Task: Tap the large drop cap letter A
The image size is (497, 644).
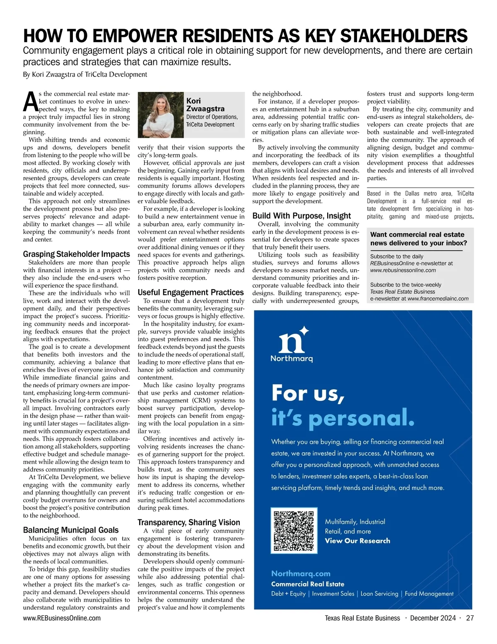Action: (30, 102)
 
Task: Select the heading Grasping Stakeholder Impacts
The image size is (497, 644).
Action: (76, 254)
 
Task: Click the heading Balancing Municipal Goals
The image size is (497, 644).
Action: (70, 530)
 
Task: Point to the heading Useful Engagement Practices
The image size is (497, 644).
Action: (191, 292)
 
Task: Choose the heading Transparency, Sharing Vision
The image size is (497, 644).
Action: (188, 522)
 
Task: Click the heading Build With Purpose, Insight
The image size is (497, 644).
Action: (302, 215)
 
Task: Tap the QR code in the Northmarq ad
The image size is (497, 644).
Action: (294, 530)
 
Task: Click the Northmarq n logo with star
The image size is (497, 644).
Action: (293, 340)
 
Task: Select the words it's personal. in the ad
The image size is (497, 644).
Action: (343, 417)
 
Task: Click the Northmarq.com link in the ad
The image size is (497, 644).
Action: (301, 573)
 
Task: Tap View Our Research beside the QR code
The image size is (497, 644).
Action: (357, 540)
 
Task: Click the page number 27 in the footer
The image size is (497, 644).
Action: (470, 618)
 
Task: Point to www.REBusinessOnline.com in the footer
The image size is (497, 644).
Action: (62, 618)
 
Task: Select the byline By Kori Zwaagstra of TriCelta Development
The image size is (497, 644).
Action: (85, 75)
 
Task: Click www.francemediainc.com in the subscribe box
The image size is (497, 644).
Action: (438, 298)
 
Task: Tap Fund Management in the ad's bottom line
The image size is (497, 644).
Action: (429, 593)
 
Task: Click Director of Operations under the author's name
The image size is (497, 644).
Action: (212, 117)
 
